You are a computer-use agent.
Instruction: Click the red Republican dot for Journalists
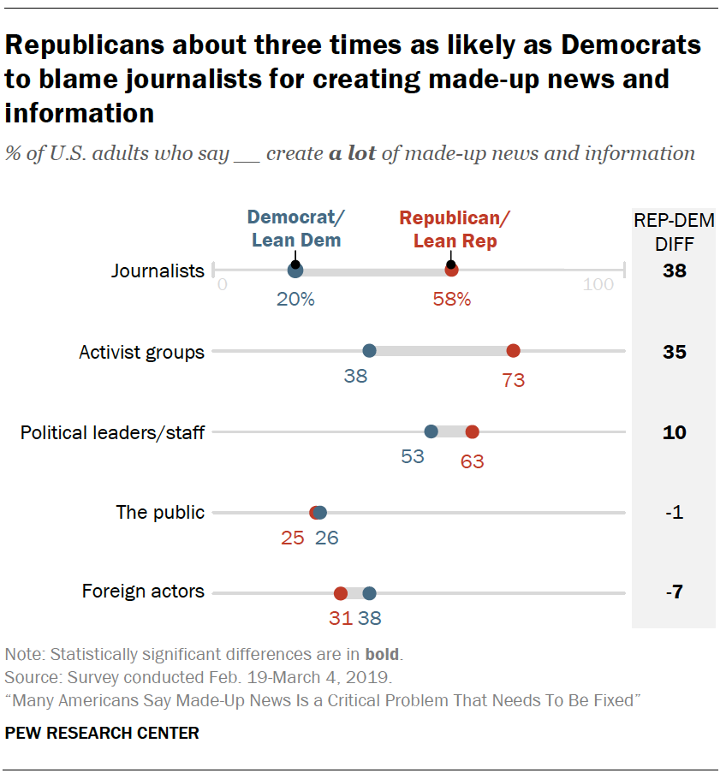[x=451, y=271]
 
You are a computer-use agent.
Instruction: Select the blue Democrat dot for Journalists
[x=295, y=271]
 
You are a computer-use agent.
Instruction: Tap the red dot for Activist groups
[x=513, y=350]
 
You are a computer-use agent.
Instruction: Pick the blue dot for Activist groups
[x=369, y=350]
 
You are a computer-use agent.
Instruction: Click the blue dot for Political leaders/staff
[x=431, y=431]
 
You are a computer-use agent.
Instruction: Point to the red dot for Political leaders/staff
[x=472, y=431]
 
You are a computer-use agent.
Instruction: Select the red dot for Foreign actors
[x=340, y=593]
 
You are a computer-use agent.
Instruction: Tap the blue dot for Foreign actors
[x=369, y=593]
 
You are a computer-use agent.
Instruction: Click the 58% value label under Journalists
[x=451, y=300]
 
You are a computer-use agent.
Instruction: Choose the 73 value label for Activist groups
[x=513, y=380]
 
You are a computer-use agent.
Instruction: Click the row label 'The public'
[x=160, y=513]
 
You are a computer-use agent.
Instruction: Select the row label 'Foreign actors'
[x=143, y=592]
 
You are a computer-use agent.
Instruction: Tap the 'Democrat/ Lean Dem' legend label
[x=295, y=229]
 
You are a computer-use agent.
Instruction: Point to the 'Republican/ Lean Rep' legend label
[x=455, y=229]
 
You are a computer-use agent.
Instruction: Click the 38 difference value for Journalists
[x=674, y=272]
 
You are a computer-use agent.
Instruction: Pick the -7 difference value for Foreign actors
[x=674, y=592]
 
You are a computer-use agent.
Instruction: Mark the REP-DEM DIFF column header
[x=674, y=231]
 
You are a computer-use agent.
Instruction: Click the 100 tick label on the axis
[x=598, y=285]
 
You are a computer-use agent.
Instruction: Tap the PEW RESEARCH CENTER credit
[x=102, y=734]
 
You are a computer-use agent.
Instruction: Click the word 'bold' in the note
[x=382, y=655]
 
